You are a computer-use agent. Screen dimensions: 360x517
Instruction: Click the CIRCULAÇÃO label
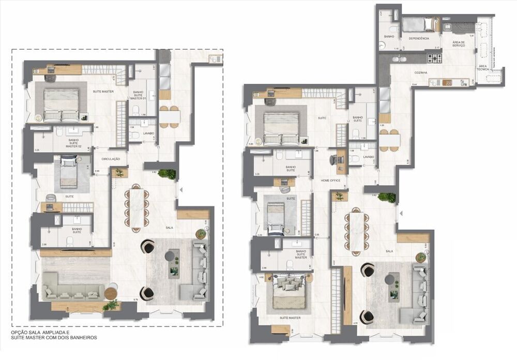pos(111,159)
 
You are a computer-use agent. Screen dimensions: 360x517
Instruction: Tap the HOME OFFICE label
pos(330,180)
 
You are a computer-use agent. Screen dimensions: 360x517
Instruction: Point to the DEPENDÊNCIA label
pos(419,38)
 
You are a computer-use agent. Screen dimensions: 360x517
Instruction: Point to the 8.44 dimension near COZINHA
pos(400,84)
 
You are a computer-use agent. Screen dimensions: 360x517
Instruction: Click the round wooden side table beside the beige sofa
pos(111,293)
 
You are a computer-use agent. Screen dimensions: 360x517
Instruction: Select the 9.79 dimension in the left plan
pos(135,299)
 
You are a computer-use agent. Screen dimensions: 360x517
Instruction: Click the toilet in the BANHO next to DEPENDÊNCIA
pos(393,29)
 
